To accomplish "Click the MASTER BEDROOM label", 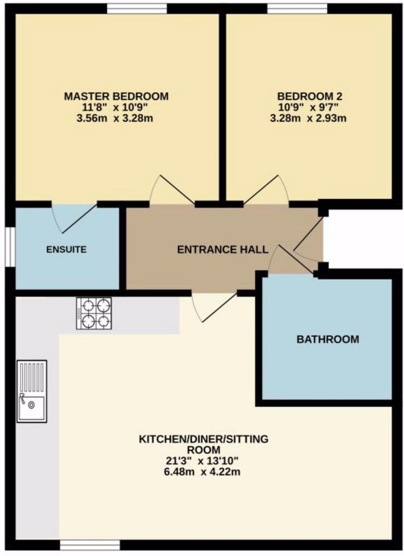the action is tap(116, 96).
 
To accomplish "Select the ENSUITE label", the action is tap(66, 250).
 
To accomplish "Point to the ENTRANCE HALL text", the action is tap(223, 250).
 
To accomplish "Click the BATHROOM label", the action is tap(328, 339).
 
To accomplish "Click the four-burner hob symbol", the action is tap(94, 313).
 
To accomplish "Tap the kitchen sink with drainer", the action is tap(31, 391).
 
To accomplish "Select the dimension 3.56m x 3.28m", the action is tap(115, 118).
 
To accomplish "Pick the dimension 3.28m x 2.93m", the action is tap(308, 118).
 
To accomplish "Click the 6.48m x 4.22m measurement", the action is tap(203, 472).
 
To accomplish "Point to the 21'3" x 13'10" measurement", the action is tap(203, 461).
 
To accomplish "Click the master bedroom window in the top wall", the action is tap(137, 9).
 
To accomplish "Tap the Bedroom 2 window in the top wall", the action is tap(297, 9).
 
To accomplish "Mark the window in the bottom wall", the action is tap(90, 545).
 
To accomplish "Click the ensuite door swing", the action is tap(74, 218).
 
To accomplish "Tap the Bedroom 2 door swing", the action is tap(266, 189).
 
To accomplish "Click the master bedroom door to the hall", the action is tap(172, 189).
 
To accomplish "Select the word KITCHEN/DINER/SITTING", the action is tap(203, 439).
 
